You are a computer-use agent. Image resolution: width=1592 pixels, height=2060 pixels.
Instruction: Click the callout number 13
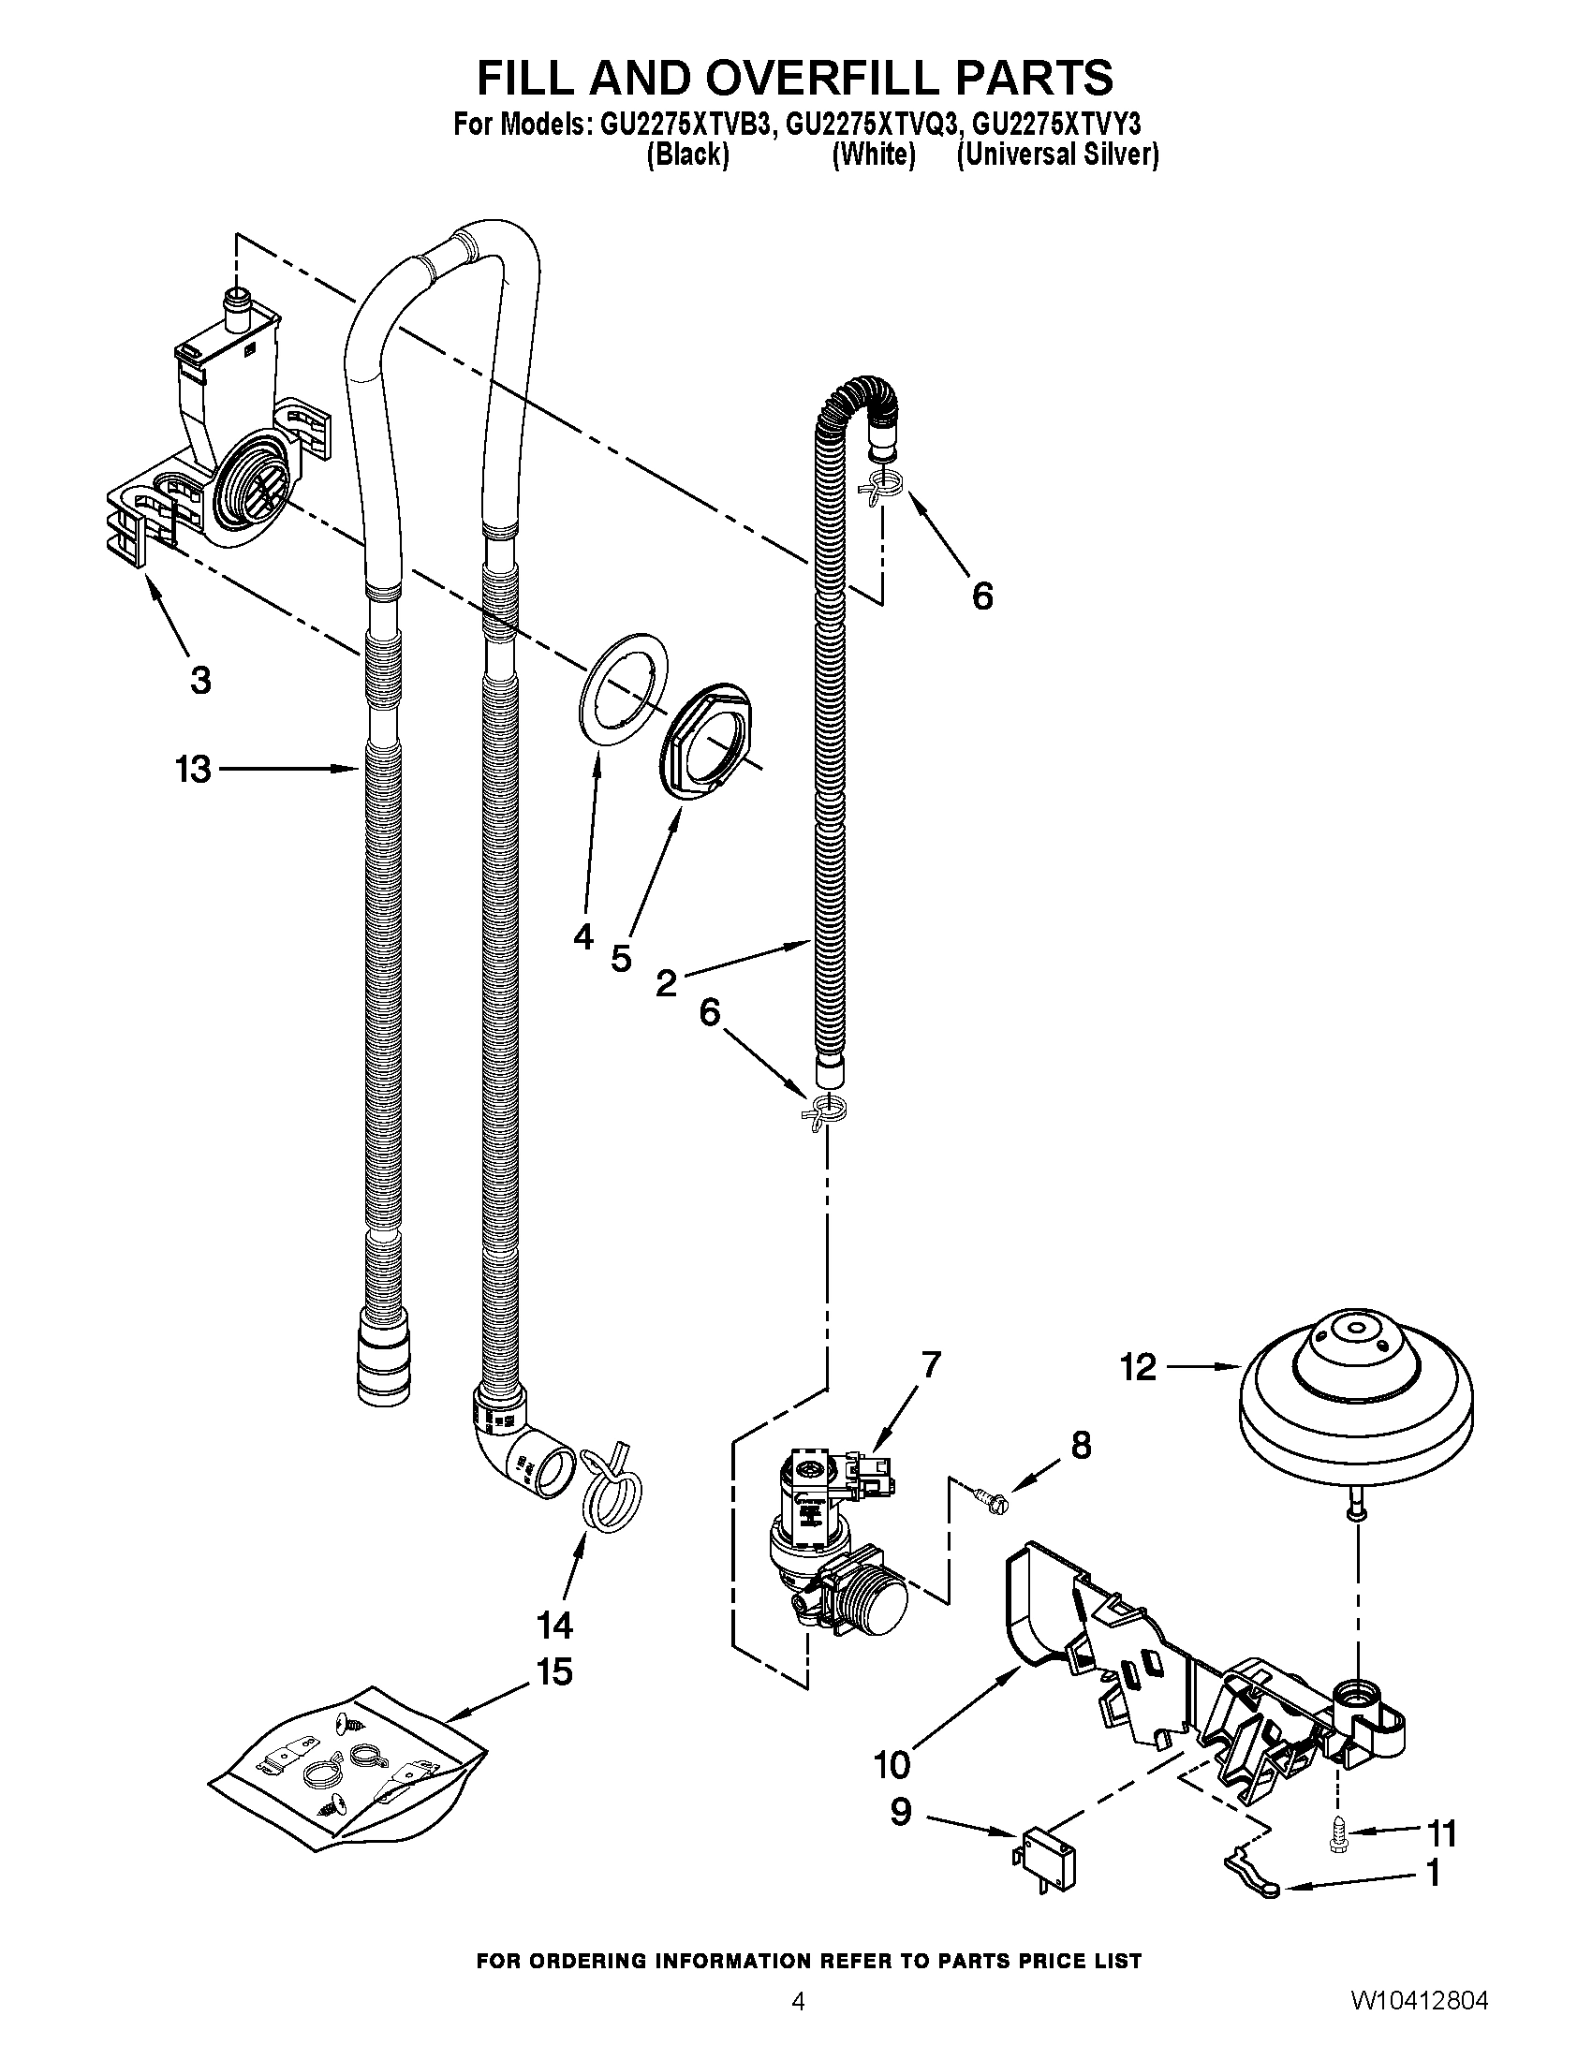pos(193,770)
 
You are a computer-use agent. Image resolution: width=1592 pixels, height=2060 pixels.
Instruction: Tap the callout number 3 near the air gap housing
pos(200,679)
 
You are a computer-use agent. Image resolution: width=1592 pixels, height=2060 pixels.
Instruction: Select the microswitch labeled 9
pos(1048,1864)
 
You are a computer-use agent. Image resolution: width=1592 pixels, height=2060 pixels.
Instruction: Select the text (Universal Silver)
pos(1057,155)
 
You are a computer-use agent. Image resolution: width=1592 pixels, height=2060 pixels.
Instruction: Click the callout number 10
pos(892,1763)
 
